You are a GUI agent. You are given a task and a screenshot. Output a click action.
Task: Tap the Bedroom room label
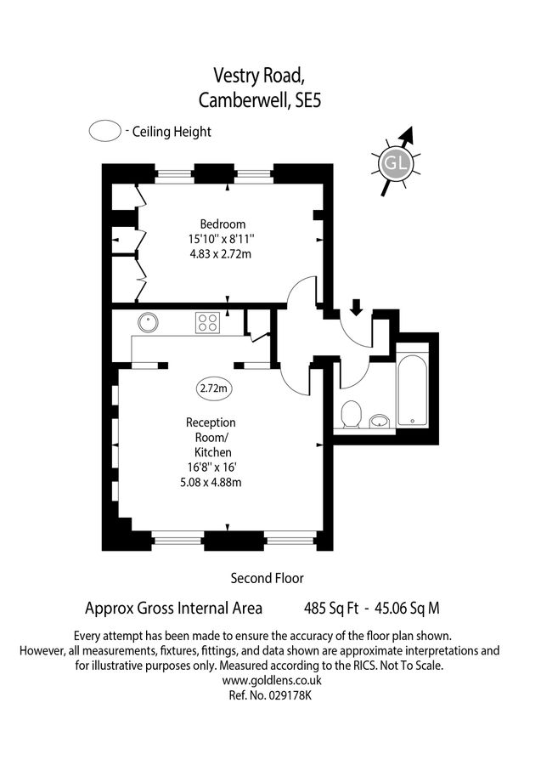point(223,224)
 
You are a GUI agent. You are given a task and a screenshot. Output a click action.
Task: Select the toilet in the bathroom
point(350,415)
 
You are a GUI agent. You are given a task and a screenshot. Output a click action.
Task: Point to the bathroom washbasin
point(380,419)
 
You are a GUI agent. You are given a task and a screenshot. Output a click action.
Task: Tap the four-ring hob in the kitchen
point(208,322)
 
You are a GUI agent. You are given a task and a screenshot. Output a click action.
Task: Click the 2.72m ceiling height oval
point(213,388)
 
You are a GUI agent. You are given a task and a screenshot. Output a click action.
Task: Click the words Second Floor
point(267,578)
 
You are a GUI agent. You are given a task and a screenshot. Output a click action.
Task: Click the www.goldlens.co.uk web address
point(271,681)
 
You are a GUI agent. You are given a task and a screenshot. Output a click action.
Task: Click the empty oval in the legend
point(104,131)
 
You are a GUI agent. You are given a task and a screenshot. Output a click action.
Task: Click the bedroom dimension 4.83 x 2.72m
point(222,253)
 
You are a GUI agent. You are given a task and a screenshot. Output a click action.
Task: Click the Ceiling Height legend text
point(170,132)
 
